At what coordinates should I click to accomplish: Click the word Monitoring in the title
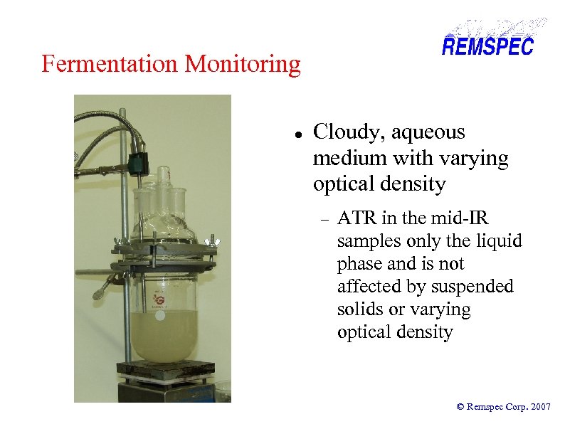(243, 65)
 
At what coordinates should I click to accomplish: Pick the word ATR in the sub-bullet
(354, 218)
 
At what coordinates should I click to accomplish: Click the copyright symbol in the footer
(460, 407)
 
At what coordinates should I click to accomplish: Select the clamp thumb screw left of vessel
(101, 292)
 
